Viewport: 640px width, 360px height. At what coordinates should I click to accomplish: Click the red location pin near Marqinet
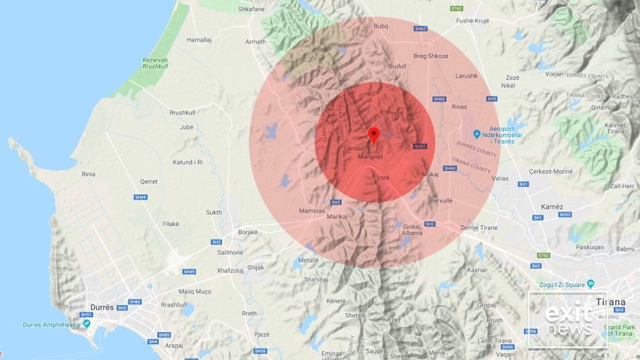(x=373, y=136)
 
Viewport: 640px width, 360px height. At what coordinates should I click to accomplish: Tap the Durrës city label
(x=99, y=308)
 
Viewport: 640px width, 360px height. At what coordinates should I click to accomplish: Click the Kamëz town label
(x=552, y=206)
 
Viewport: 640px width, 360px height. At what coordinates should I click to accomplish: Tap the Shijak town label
(x=256, y=267)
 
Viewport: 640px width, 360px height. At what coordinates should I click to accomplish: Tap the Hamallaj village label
(x=200, y=39)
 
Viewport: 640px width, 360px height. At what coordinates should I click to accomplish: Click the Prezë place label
(x=395, y=113)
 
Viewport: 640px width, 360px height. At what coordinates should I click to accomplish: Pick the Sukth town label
(x=214, y=212)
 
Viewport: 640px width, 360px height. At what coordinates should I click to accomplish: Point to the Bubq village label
(x=381, y=26)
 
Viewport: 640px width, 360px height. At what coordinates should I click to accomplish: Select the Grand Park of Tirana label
(x=623, y=330)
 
